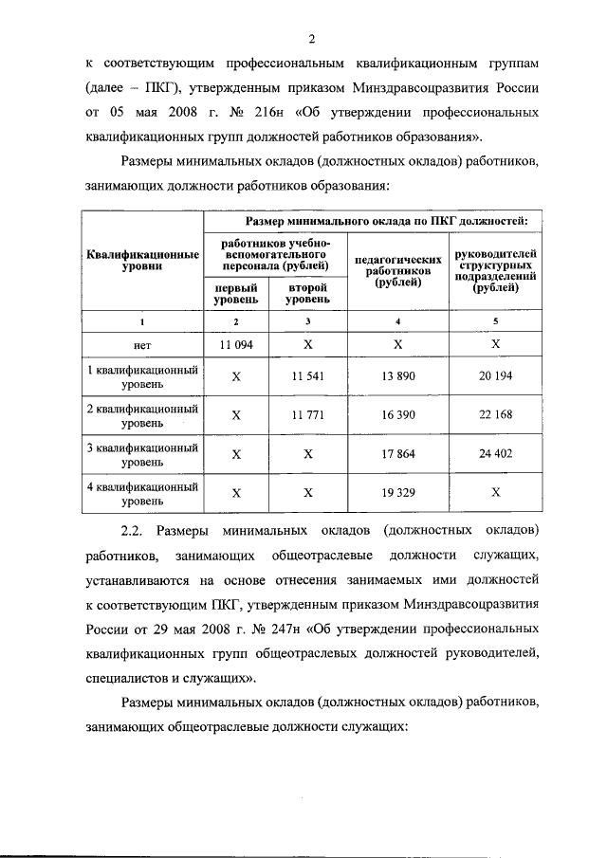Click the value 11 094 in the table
237,346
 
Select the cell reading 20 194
496,376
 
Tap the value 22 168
496,414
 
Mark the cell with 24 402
496,453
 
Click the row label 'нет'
143,346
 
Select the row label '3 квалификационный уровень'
142,453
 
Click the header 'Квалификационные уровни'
142,261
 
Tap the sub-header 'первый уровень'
236,292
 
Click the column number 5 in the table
496,320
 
